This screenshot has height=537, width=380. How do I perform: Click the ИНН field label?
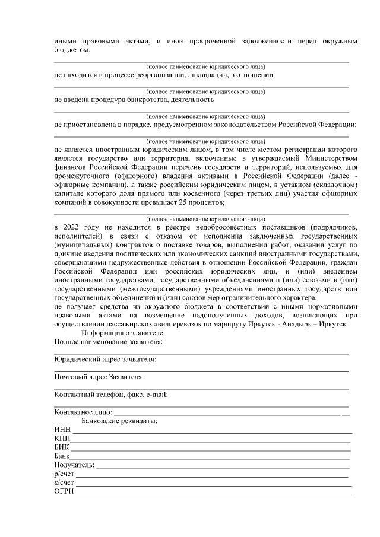62,430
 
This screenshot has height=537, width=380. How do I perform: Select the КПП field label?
62,438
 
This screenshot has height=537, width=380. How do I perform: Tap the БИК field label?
62,447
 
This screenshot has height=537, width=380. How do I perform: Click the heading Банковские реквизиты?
119,421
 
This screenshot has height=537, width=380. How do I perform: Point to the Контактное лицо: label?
83,412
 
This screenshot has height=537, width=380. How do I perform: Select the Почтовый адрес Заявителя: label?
99,377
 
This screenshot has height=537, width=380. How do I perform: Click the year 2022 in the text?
72,227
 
